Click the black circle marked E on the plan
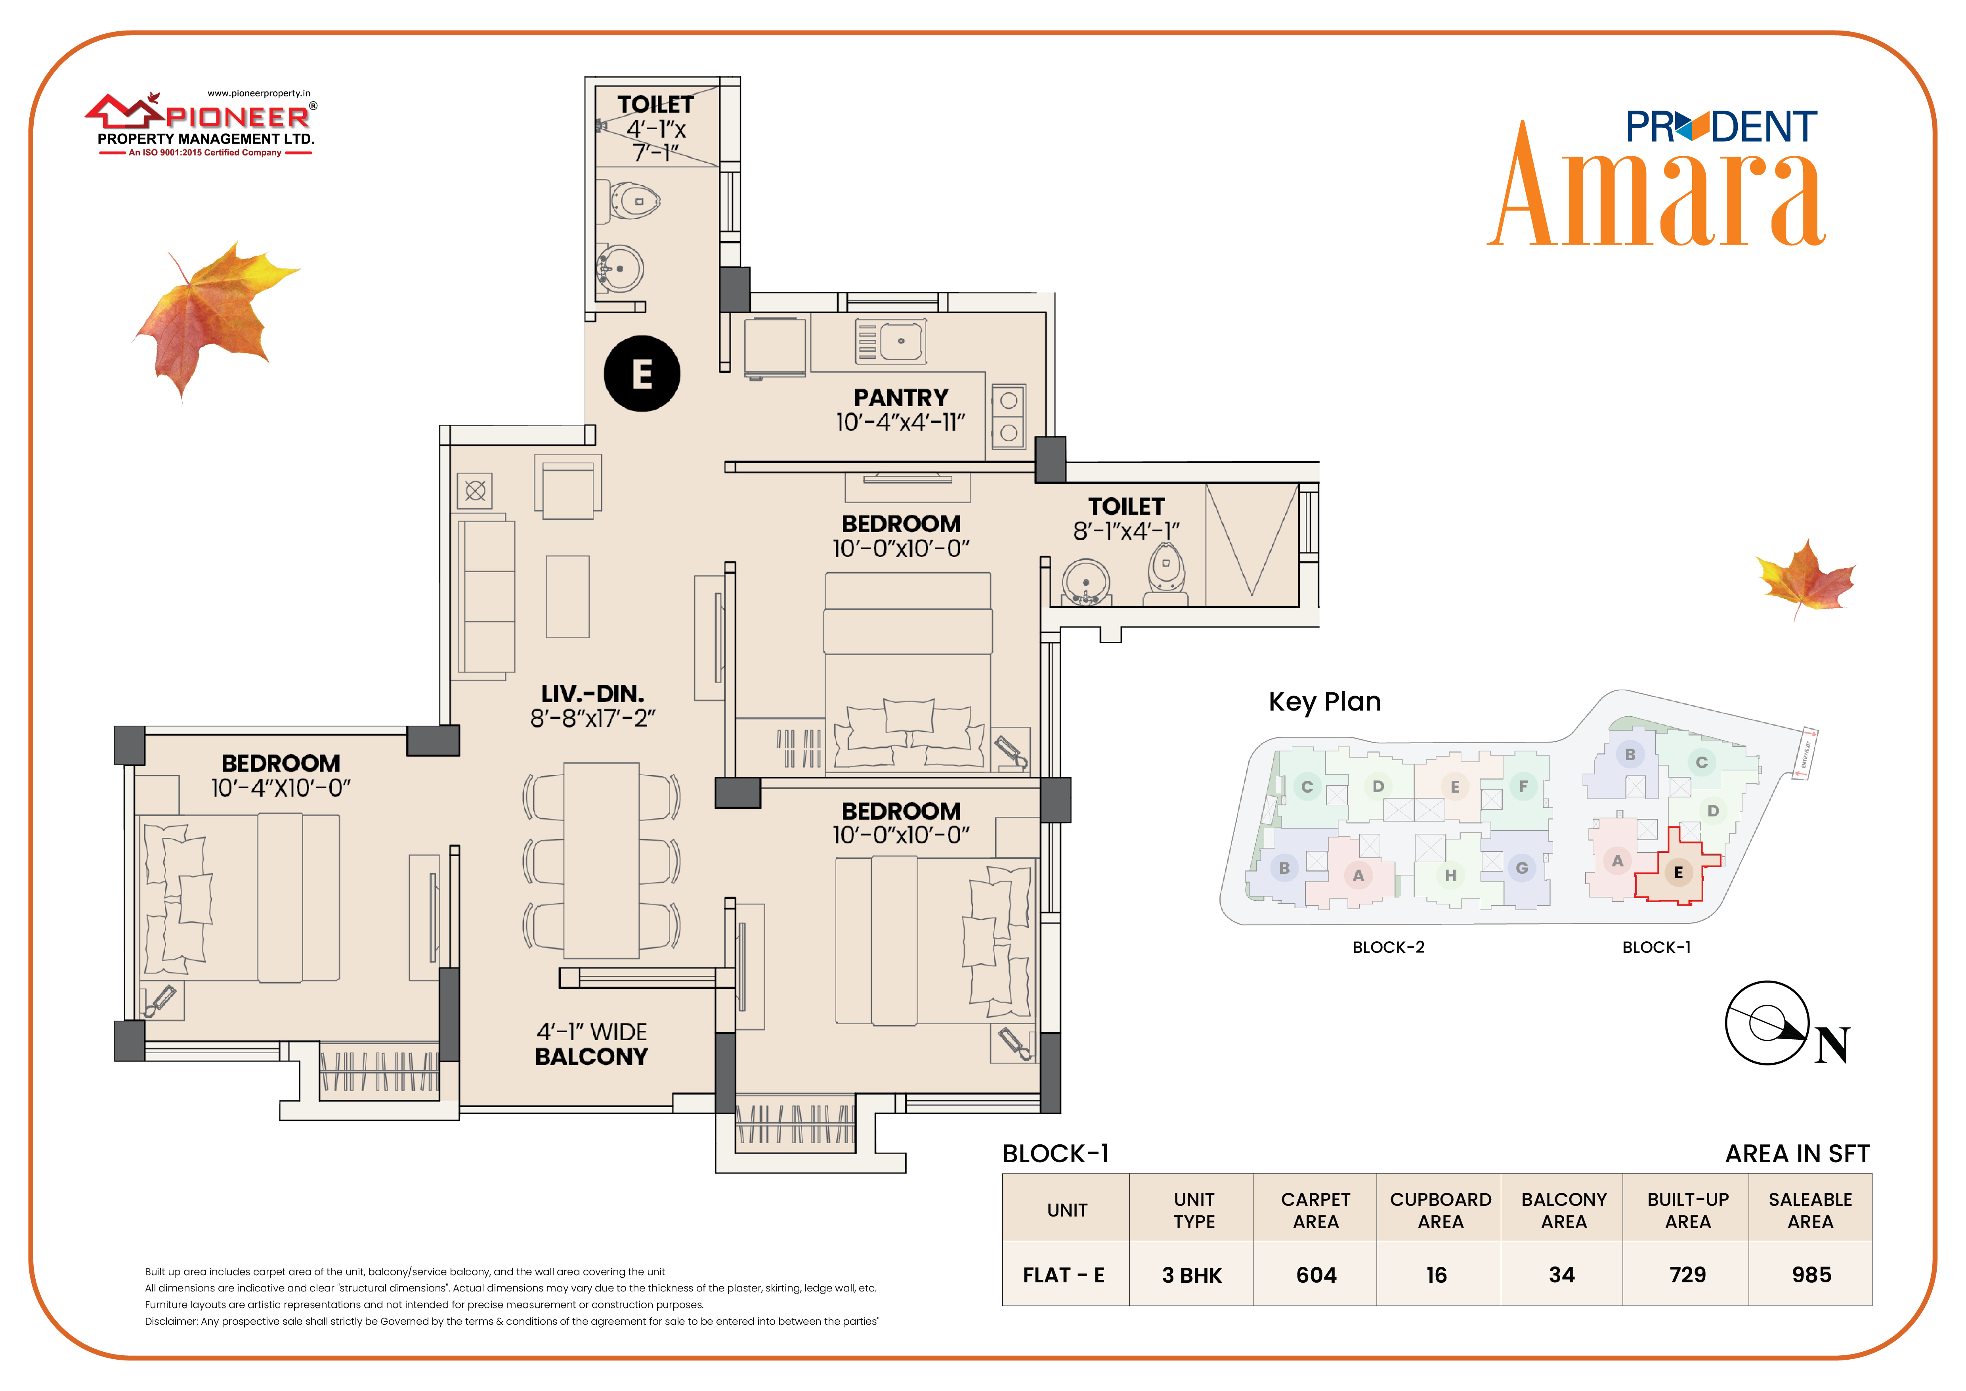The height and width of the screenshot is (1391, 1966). tap(642, 374)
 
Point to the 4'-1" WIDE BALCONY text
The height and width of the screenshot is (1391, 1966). tap(592, 1044)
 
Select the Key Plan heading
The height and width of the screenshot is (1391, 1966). tap(1325, 701)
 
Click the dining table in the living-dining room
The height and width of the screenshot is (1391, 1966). tap(601, 860)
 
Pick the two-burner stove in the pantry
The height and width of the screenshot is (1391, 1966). tap(1009, 416)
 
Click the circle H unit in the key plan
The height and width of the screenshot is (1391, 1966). tap(1450, 876)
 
